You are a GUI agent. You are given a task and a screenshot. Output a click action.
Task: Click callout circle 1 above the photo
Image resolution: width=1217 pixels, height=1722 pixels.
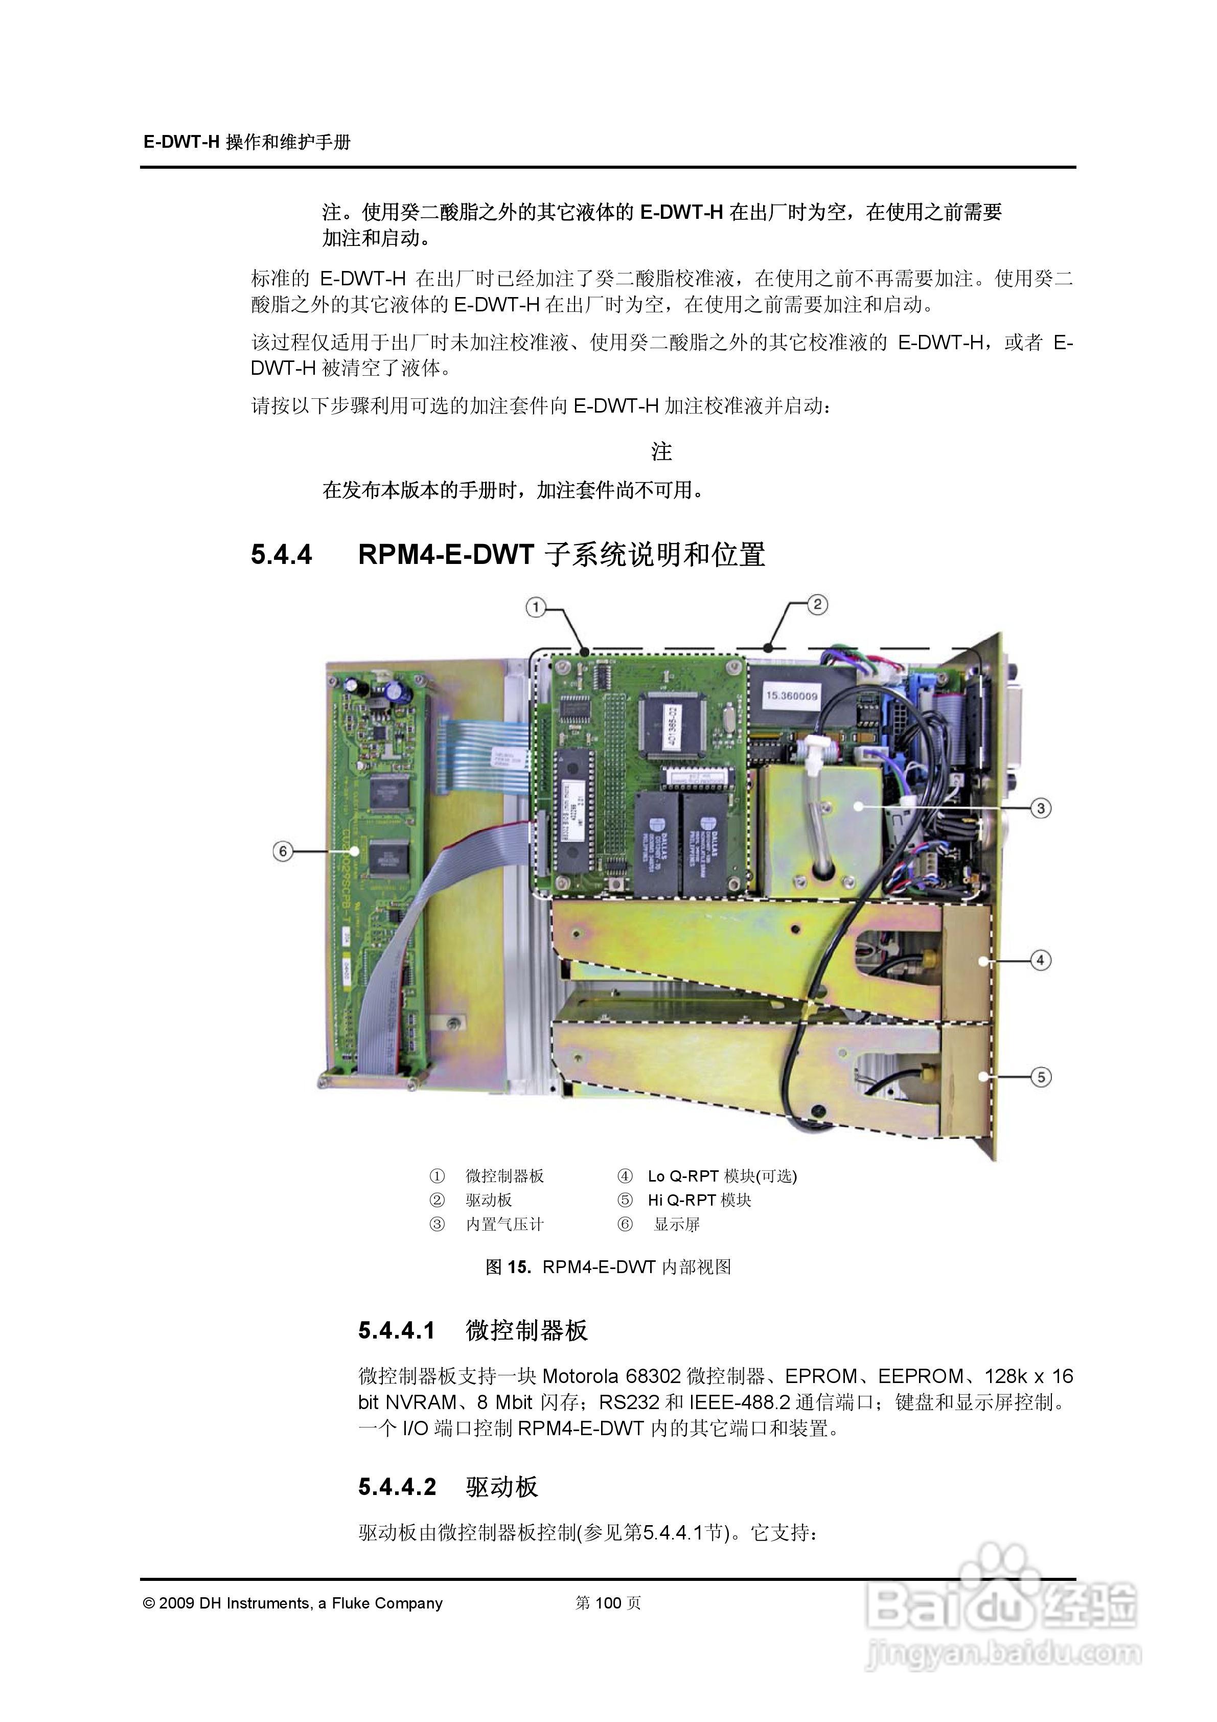click(535, 607)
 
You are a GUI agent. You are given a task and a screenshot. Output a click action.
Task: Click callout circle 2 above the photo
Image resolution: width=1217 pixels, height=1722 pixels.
click(817, 604)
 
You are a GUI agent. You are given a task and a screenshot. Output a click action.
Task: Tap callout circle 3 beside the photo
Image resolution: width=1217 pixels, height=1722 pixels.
click(1040, 808)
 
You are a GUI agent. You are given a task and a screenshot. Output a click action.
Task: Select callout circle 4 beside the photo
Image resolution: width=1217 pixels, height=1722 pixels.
click(1040, 960)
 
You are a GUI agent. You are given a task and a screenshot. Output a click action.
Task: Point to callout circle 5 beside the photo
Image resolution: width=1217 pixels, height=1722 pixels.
click(1041, 1077)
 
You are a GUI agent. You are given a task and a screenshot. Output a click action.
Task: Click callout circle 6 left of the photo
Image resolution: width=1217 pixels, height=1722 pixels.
click(283, 851)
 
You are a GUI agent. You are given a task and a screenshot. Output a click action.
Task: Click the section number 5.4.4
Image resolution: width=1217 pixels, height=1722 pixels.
click(281, 555)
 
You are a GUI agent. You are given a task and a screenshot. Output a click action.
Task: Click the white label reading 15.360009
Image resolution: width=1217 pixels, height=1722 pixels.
click(791, 695)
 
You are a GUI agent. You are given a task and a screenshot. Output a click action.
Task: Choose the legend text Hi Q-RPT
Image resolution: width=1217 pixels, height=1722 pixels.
click(682, 1200)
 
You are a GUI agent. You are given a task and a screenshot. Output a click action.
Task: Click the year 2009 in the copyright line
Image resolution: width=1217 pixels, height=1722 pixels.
click(177, 1603)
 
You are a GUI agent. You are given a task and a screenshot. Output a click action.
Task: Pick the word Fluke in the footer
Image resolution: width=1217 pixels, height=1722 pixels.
click(351, 1603)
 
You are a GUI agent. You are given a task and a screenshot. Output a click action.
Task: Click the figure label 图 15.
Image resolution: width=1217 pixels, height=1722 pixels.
click(509, 1267)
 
